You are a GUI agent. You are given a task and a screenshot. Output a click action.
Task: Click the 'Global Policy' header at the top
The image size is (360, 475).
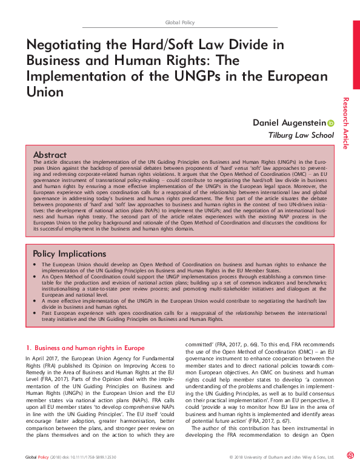[x=180, y=22]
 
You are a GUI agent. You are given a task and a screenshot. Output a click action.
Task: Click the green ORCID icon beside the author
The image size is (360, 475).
[x=330, y=123]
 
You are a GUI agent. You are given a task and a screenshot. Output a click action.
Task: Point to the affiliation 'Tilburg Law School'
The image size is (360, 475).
[x=301, y=136]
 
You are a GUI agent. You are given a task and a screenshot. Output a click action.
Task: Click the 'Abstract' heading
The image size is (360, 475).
[x=50, y=155]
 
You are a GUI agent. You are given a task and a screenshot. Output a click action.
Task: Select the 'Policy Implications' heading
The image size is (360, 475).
[x=70, y=254]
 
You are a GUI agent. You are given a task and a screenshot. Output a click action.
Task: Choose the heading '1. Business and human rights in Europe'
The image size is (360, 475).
[x=85, y=348]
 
